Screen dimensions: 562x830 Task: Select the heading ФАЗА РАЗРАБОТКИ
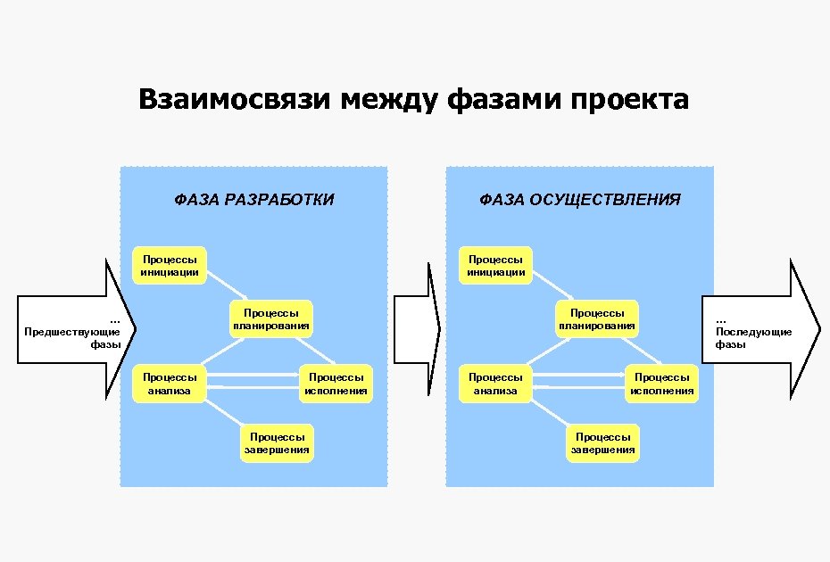[254, 200]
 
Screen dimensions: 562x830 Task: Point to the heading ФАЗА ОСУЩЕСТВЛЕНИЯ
[580, 200]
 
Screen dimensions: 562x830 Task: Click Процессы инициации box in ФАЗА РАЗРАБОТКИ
[170, 265]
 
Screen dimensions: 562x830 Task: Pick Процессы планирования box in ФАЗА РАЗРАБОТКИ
[271, 319]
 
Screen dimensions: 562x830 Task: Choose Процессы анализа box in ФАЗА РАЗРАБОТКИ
[170, 384]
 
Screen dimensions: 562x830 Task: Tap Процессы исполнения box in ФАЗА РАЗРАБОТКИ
[336, 384]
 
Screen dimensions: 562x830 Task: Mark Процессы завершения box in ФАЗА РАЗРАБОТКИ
[277, 443]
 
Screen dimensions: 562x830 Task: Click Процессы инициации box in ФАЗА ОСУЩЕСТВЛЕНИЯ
[495, 265]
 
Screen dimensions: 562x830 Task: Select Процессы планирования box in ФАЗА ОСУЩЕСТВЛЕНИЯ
[597, 319]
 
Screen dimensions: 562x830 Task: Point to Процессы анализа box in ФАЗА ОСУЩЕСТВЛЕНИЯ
[495, 384]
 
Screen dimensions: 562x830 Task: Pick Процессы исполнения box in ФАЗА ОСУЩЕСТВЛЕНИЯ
[661, 384]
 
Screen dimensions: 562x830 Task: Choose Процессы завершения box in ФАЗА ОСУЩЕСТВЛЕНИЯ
[602, 443]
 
